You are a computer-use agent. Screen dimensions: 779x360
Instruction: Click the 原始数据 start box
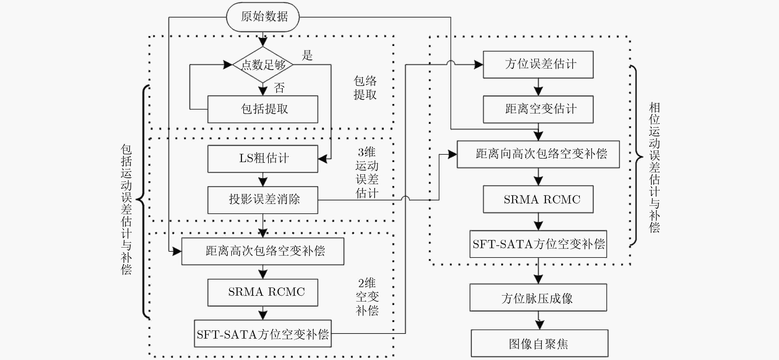263,17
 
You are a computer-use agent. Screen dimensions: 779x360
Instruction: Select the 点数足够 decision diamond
263,64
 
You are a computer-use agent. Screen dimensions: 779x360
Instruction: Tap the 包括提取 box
263,109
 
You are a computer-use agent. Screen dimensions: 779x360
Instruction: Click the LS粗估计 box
263,159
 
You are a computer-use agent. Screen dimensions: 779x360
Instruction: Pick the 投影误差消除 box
263,200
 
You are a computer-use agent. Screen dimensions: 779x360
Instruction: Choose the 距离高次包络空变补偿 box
263,251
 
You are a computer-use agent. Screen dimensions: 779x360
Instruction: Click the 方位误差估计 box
538,64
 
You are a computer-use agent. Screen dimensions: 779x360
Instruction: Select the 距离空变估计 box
538,109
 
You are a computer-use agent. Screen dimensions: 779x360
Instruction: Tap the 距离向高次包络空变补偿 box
538,154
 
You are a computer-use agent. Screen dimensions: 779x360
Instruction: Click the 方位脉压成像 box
538,297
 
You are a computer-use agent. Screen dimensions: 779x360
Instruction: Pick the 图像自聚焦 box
540,343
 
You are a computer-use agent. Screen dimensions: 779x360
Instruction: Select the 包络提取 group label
365,88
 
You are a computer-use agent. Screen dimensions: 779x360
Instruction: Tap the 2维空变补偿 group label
367,297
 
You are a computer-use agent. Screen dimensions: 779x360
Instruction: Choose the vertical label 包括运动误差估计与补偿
126,209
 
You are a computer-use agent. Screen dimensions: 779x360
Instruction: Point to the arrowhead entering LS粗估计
322,159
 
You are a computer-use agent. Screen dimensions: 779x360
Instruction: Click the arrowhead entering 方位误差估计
478,64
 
